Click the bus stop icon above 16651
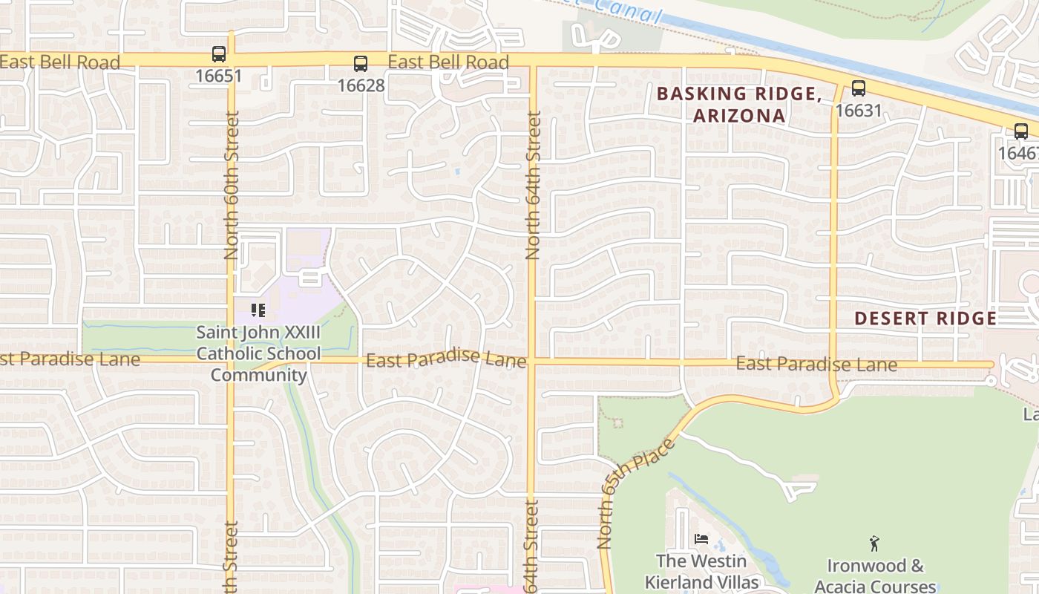click(218, 54)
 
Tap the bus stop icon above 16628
click(361, 64)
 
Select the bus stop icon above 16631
click(859, 88)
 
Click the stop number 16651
click(218, 76)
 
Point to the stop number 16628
click(361, 85)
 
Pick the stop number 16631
click(859, 111)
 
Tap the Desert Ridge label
click(925, 319)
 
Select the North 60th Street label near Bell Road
click(232, 186)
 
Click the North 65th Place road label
click(638, 493)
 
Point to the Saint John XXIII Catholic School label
click(258, 353)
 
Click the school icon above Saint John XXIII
click(258, 310)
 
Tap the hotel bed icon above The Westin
click(701, 539)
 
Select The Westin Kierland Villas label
click(701, 572)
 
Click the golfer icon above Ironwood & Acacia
click(874, 544)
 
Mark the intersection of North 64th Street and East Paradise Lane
click(531, 362)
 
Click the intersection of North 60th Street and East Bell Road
click(231, 59)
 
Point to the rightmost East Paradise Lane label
click(816, 365)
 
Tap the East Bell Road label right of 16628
click(448, 62)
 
